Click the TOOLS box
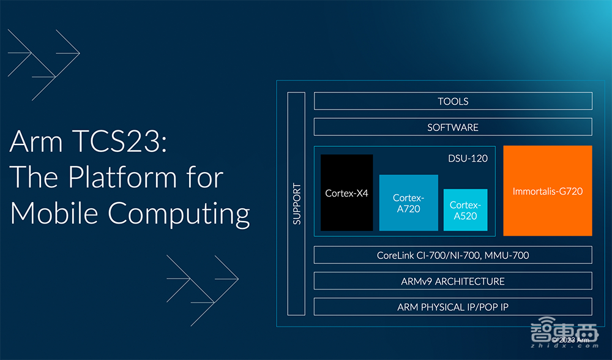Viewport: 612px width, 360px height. pyautogui.click(x=453, y=101)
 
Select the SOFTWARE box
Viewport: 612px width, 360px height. pyautogui.click(x=453, y=127)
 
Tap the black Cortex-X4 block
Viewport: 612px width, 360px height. pyautogui.click(x=346, y=193)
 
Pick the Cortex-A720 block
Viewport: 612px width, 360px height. pyautogui.click(x=408, y=203)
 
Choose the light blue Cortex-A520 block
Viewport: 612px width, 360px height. pyautogui.click(x=465, y=210)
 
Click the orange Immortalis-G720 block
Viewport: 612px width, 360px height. pyautogui.click(x=547, y=191)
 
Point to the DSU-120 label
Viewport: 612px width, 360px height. pyautogui.click(x=468, y=158)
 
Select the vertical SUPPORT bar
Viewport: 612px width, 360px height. pyautogui.click(x=296, y=203)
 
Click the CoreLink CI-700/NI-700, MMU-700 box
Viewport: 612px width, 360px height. pyautogui.click(x=453, y=255)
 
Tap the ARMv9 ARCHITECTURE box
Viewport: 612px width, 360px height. pyautogui.click(x=453, y=281)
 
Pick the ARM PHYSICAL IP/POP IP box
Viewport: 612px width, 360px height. pyautogui.click(x=453, y=307)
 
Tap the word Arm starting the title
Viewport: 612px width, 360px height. pyautogui.click(x=35, y=143)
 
